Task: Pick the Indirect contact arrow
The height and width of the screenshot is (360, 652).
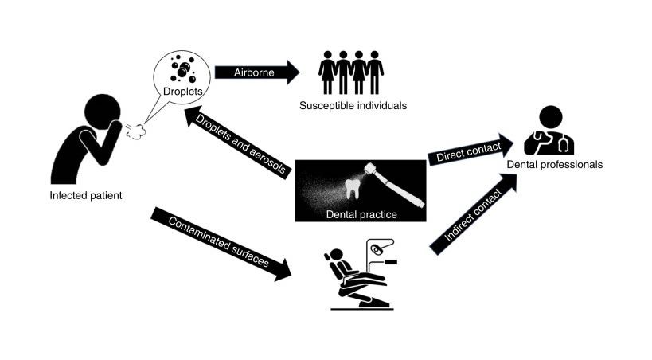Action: coord(470,220)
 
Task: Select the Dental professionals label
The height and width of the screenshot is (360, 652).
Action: coord(556,165)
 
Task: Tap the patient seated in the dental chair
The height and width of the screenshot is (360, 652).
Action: coord(342,267)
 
